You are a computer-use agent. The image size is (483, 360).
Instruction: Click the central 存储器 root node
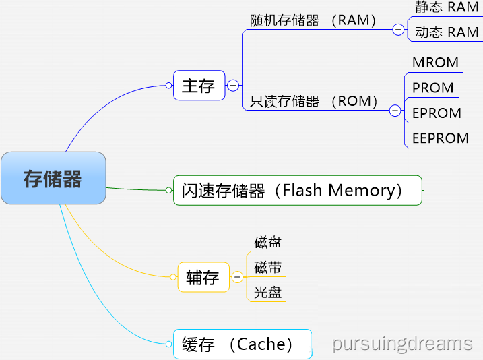click(x=53, y=179)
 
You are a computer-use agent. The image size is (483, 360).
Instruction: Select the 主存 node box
click(x=199, y=86)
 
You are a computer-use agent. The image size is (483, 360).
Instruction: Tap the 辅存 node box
click(x=203, y=277)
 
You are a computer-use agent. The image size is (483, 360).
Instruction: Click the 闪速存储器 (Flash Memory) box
click(x=297, y=190)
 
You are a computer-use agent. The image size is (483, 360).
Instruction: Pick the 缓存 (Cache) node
click(x=242, y=344)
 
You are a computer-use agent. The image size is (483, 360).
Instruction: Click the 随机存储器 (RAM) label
click(x=314, y=21)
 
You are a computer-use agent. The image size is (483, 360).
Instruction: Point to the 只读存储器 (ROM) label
click(x=314, y=102)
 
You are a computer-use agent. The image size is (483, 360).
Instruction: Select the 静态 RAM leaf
click(x=447, y=7)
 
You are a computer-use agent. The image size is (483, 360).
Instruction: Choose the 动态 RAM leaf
click(x=447, y=32)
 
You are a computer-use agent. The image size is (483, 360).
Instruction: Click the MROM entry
click(x=435, y=63)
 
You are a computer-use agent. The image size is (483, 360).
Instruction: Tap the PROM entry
click(x=433, y=88)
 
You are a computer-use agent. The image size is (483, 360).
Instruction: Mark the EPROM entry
click(x=437, y=113)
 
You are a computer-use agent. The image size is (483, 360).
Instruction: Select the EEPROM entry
click(x=441, y=138)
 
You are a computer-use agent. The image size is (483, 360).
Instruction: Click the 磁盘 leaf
click(x=267, y=243)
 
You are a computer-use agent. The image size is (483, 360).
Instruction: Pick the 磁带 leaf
click(x=267, y=268)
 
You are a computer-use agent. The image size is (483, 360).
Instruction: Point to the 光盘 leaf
click(x=267, y=293)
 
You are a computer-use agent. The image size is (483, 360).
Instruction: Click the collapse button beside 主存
click(x=233, y=86)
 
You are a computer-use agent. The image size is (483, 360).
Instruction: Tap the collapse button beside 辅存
click(x=237, y=277)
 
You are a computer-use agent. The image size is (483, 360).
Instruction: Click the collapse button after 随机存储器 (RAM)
click(x=399, y=30)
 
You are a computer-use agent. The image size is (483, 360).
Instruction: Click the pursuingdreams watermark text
click(x=402, y=344)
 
